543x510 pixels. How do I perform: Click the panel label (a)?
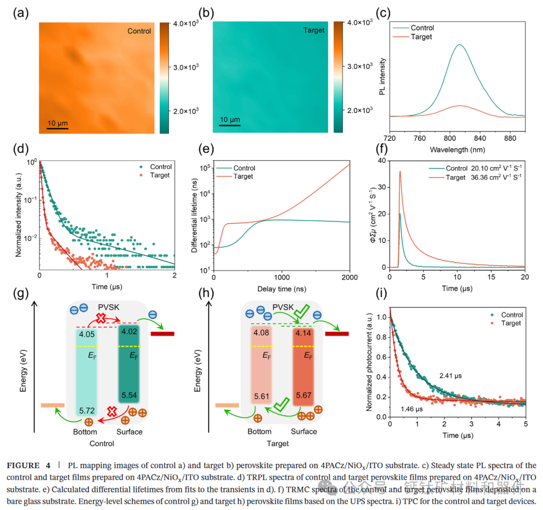(21, 14)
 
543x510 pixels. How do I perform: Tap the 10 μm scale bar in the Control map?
(57, 128)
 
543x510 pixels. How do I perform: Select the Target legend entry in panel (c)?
(421, 37)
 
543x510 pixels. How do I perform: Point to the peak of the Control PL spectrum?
(459, 45)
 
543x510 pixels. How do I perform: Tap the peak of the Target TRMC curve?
(400, 172)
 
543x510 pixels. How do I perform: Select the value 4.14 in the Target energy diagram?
(304, 333)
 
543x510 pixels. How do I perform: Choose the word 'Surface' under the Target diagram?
(304, 431)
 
